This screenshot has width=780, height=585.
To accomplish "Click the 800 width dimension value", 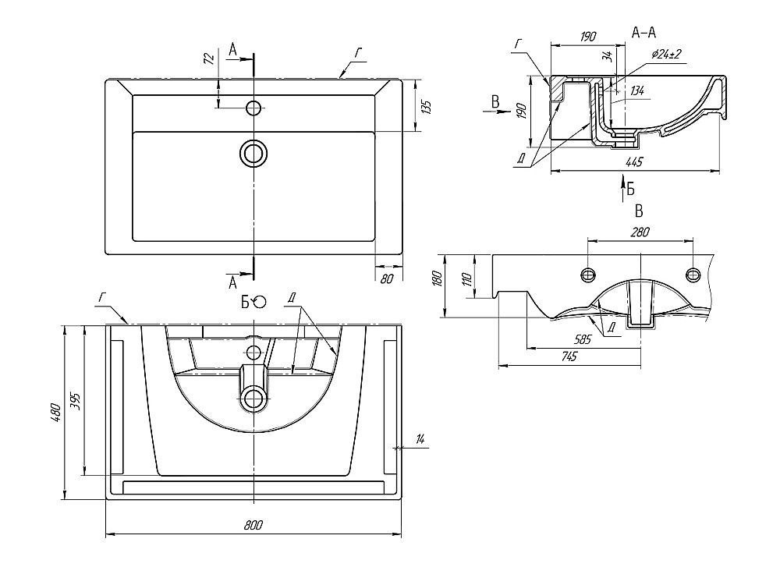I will point(253,525).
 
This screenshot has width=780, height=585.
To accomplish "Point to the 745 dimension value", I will point(569,356).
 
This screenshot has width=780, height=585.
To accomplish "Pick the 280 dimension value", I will point(640,232).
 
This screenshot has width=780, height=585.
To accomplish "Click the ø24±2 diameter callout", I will point(667,54).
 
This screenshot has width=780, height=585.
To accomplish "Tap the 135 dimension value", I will point(425,106).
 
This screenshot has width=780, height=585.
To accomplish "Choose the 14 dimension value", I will point(420,441).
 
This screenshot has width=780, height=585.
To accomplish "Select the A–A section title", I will point(643,32).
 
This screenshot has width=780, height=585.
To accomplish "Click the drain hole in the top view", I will point(253,152).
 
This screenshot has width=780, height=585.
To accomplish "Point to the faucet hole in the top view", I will point(253,108).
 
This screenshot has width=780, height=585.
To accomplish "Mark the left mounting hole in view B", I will point(587,273).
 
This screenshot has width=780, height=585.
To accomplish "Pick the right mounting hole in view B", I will point(692,273).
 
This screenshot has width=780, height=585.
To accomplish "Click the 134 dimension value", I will point(636,91).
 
